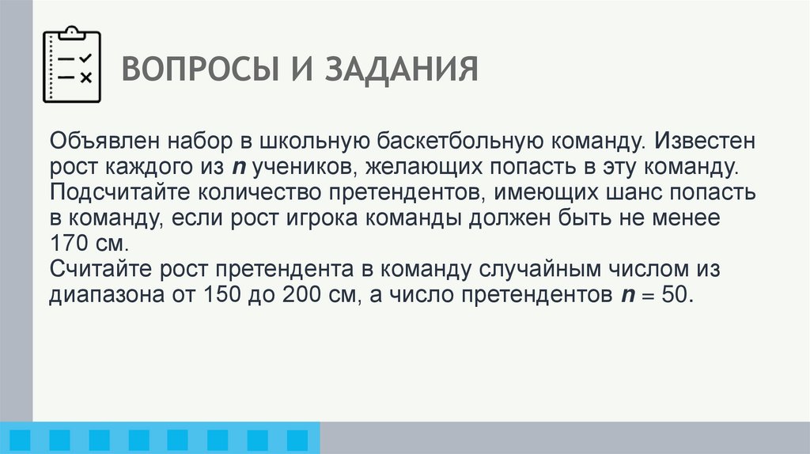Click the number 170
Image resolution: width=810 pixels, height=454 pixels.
point(70,242)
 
